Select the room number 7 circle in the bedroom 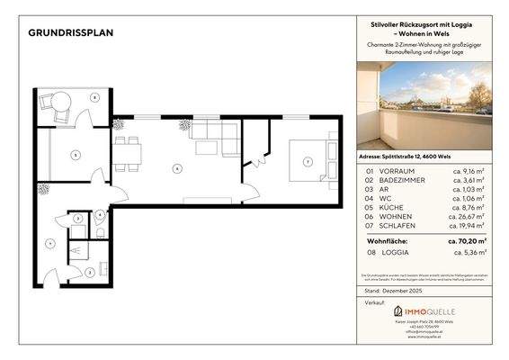coord(308,162)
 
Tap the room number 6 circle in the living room coord(177,167)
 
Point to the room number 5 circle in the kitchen coord(76,156)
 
